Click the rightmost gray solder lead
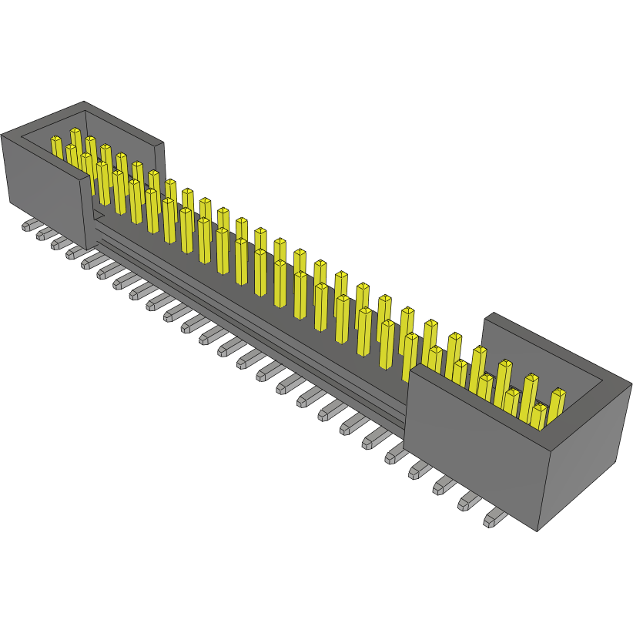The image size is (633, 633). tap(492, 519)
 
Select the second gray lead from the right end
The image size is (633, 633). tap(468, 502)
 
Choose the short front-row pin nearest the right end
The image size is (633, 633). tap(538, 417)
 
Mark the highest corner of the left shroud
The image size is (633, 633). tap(83, 102)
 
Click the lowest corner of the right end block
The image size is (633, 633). tap(538, 531)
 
